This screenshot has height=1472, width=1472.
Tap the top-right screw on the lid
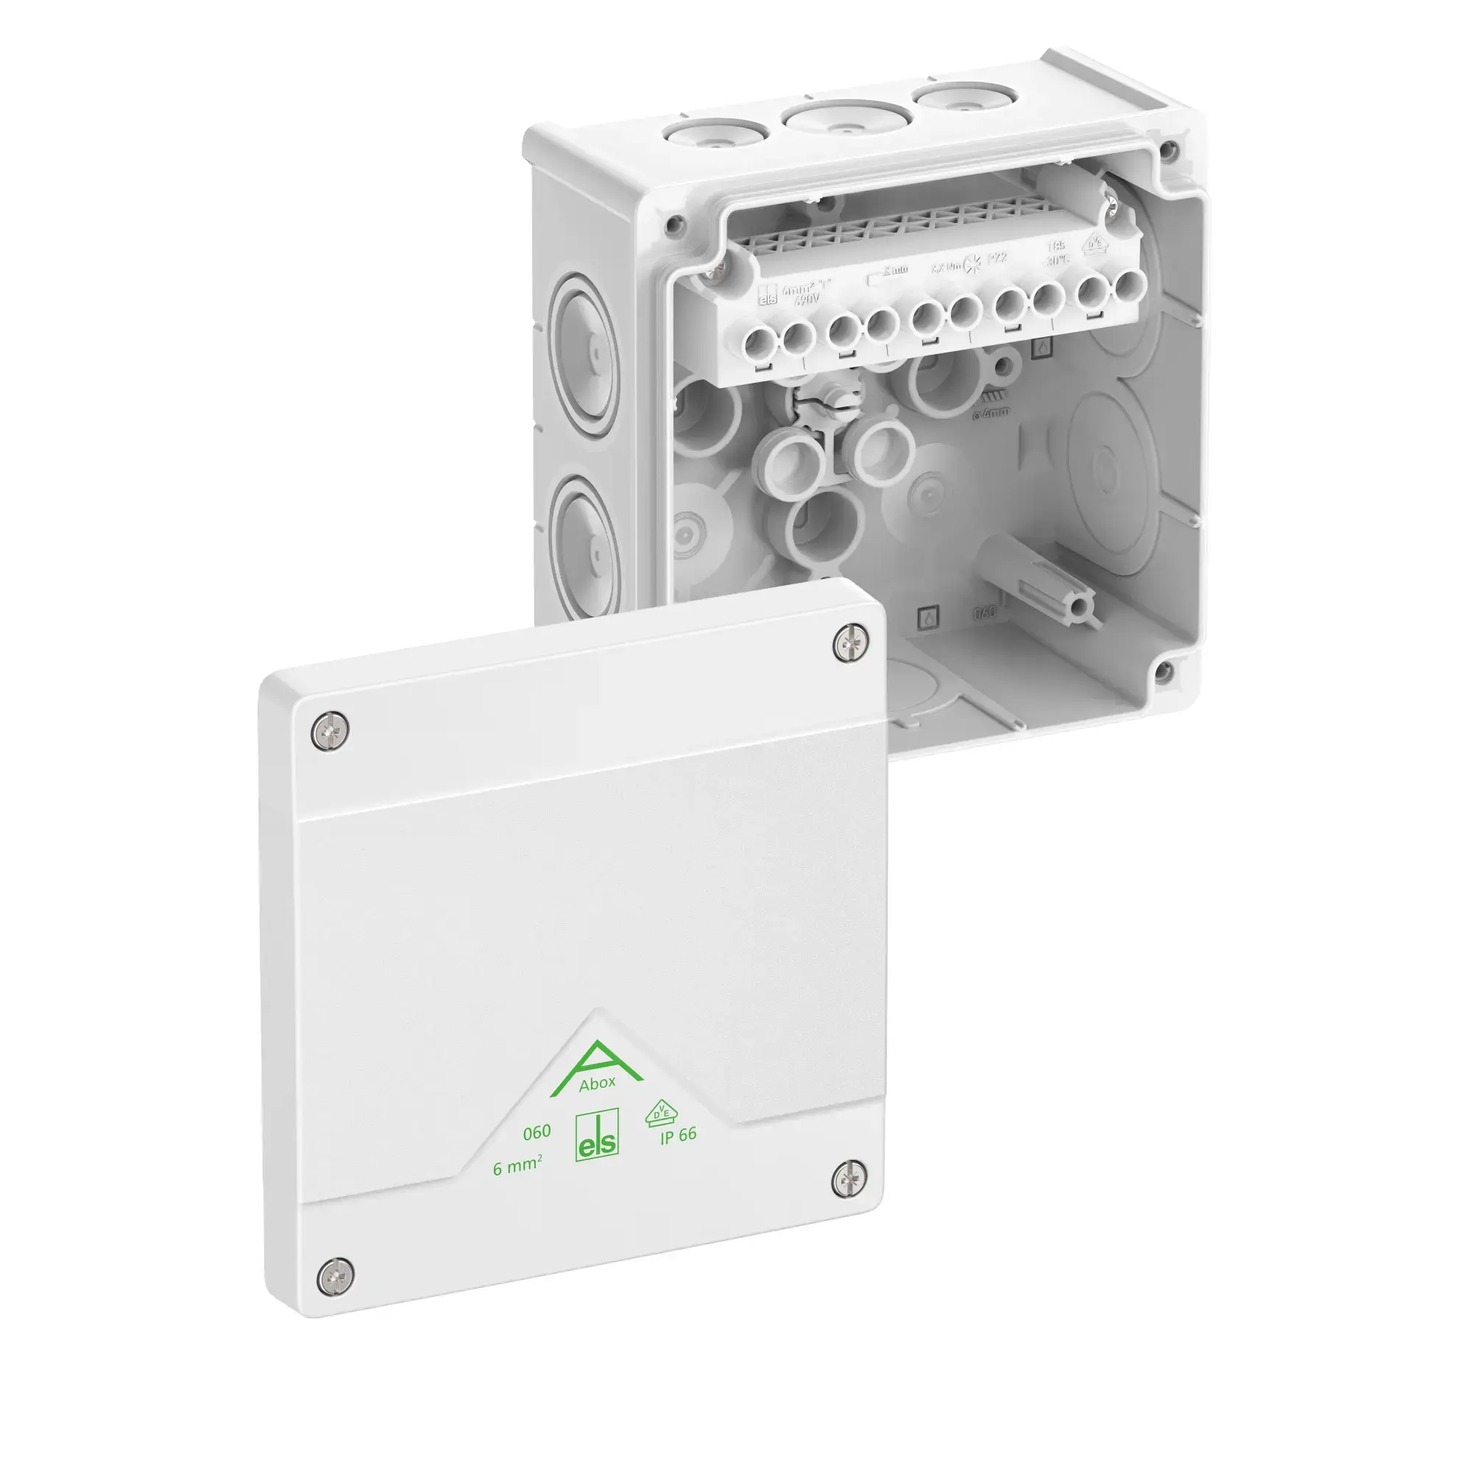[850, 643]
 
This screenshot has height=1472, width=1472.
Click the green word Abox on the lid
[597, 1083]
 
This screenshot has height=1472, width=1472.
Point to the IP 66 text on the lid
[678, 1135]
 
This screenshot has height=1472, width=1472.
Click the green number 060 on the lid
[537, 1132]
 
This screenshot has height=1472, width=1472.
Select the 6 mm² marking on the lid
[517, 1166]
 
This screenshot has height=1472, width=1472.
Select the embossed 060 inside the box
[984, 612]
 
